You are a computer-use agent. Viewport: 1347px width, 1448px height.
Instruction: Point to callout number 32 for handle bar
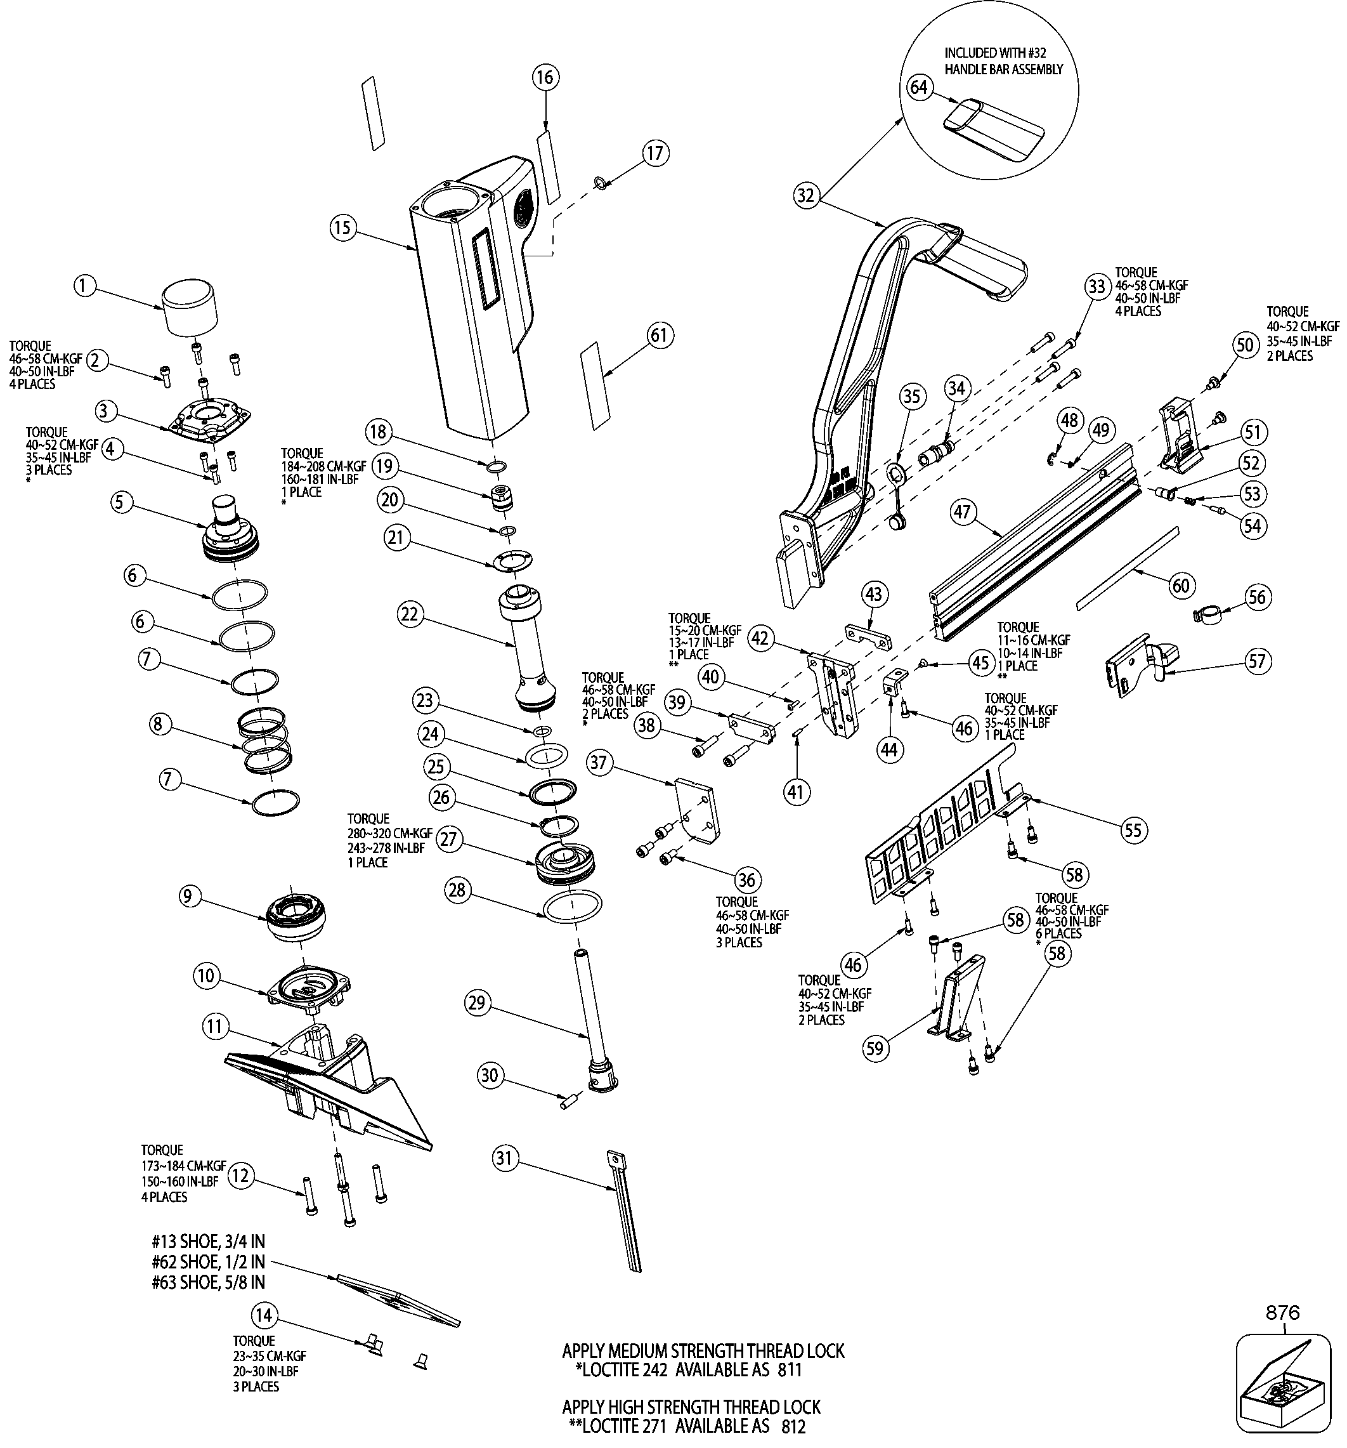[x=806, y=196]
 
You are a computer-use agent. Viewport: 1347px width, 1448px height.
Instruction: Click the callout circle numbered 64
[x=920, y=88]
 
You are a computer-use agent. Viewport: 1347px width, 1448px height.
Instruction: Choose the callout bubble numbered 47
[x=963, y=512]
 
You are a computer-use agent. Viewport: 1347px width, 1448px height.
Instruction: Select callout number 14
[x=264, y=1315]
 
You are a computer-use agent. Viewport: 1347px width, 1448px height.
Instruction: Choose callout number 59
[x=876, y=1048]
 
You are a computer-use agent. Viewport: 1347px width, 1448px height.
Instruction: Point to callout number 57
[x=1258, y=661]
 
